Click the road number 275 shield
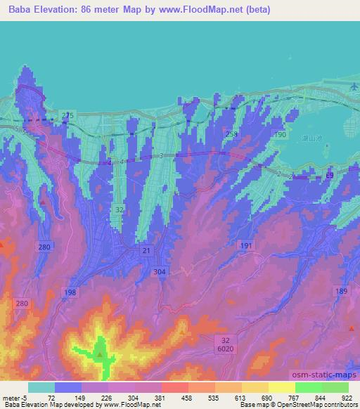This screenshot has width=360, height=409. (x=67, y=115)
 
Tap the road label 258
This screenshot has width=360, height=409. (x=232, y=133)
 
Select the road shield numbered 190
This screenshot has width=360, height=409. (x=279, y=134)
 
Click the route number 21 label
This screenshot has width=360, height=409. (x=146, y=251)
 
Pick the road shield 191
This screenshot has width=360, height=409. (x=246, y=245)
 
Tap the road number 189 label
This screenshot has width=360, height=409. (x=342, y=292)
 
